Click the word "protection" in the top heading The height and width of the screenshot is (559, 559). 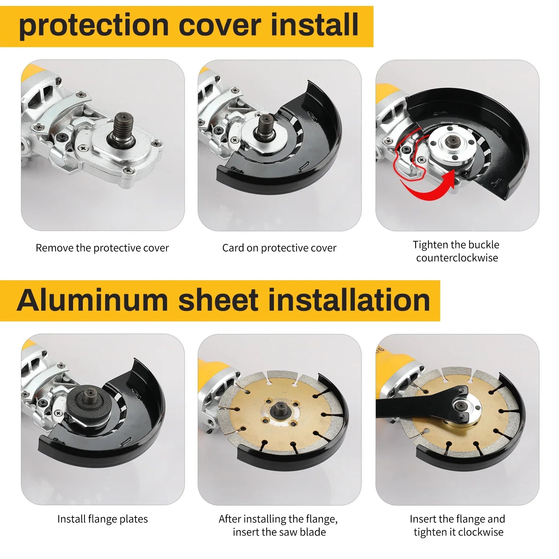(x=94, y=26)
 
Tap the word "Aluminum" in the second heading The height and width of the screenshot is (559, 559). (x=93, y=300)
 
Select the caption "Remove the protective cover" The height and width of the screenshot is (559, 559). (x=102, y=248)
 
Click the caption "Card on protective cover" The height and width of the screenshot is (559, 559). (x=279, y=248)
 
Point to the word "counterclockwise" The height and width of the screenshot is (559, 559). (x=457, y=258)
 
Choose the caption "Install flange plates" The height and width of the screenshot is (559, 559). (x=102, y=519)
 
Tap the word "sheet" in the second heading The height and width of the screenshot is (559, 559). (x=218, y=300)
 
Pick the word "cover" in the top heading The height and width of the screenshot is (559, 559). (x=220, y=26)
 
